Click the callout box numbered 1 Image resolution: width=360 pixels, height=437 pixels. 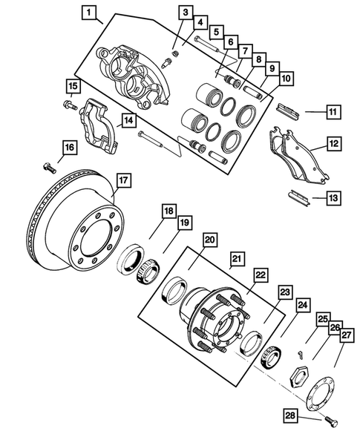coord(89,13)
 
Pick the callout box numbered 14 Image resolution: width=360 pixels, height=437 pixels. coord(128,119)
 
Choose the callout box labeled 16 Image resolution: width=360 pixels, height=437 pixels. coord(68,148)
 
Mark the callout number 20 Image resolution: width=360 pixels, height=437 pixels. coord(210,240)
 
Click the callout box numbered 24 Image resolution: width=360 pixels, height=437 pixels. coord(302,303)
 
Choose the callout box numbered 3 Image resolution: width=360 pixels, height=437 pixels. coord(186,13)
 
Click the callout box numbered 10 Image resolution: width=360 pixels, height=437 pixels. coord(286,78)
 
